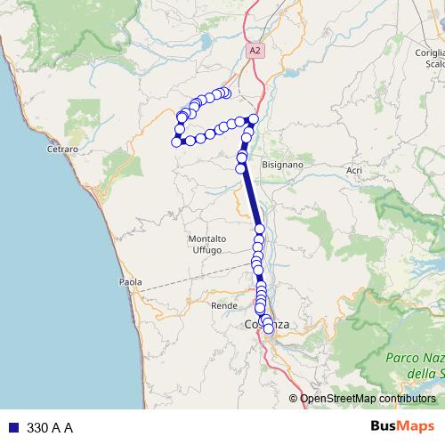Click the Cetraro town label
(63, 150)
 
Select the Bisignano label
(283, 166)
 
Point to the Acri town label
(354, 170)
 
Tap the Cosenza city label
(266, 325)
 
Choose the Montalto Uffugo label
(207, 245)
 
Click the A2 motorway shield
(255, 52)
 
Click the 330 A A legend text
(50, 428)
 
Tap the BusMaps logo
(398, 427)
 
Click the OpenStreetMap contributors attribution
(367, 399)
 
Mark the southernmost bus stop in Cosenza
(269, 329)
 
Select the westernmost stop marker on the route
(176, 142)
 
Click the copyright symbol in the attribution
(294, 399)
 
